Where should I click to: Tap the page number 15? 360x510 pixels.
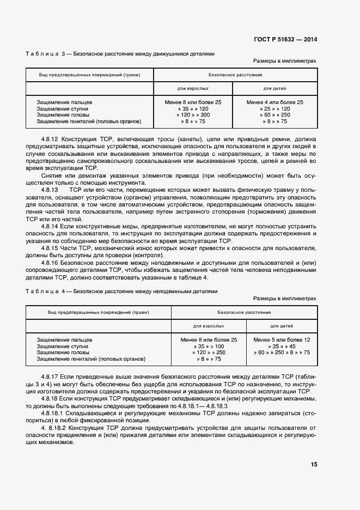pos(314,464)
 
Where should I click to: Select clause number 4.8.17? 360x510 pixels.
pos(52,377)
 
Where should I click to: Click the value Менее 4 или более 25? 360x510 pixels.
pos(274,102)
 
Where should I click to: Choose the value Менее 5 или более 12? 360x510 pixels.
pos(282,339)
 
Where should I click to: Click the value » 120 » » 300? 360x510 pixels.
pos(193,115)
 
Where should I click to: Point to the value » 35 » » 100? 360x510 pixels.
pos(209,346)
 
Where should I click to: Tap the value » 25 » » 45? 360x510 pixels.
pos(282,346)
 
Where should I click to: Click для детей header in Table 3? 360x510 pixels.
pos(274,88)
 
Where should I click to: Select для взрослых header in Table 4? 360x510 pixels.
pos(209,325)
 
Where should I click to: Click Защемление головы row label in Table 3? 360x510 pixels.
pos(60,115)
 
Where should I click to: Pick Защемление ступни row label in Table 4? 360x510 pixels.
pos(62,346)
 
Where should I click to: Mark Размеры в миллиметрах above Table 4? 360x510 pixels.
pos(285,299)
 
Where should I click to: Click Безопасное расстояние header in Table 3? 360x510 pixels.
pos(235,74)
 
